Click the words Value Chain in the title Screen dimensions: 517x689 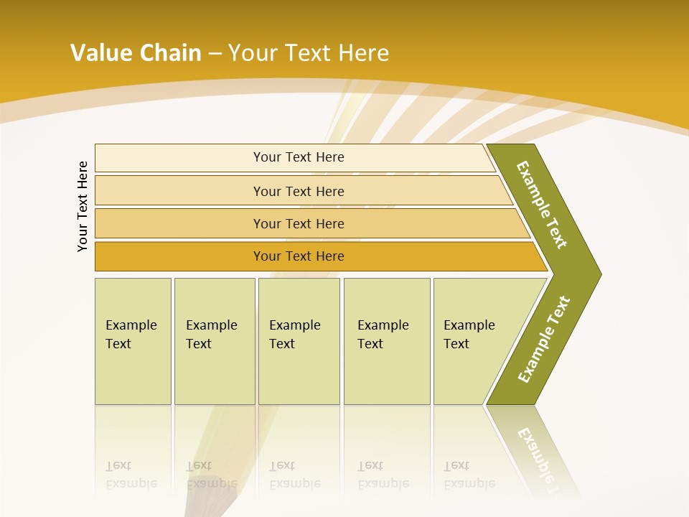(x=136, y=52)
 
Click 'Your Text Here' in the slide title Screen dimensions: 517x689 (x=309, y=52)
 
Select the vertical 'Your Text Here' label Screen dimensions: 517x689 (x=83, y=206)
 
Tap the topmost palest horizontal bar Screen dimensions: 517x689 (x=298, y=157)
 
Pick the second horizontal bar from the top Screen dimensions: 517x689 (x=298, y=191)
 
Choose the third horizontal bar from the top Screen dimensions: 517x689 (x=298, y=223)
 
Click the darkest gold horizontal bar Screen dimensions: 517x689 (x=298, y=256)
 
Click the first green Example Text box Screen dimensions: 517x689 (x=133, y=341)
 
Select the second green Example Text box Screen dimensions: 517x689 (x=214, y=341)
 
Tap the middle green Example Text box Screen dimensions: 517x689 (x=299, y=341)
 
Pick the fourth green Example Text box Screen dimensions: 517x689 (x=386, y=341)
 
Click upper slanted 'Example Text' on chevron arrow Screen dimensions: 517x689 (x=542, y=205)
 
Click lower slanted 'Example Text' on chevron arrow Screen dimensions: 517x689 (x=544, y=339)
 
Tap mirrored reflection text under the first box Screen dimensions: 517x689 (x=131, y=475)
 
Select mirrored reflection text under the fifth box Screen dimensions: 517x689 (x=469, y=475)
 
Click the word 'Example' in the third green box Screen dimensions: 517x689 (x=294, y=325)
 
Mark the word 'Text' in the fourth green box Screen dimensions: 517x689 (x=370, y=344)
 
